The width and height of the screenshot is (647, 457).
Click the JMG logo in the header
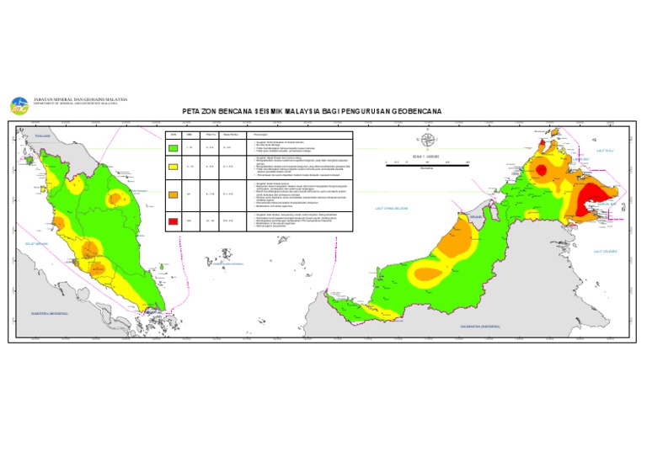pyautogui.click(x=19, y=105)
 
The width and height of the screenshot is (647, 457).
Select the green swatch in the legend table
pyautogui.click(x=173, y=149)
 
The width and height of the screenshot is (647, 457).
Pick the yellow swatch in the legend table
pyautogui.click(x=173, y=167)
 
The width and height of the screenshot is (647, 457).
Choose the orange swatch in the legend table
pyautogui.click(x=173, y=194)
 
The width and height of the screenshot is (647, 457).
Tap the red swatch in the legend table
pyautogui.click(x=173, y=221)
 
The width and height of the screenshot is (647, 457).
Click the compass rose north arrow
pyautogui.click(x=427, y=141)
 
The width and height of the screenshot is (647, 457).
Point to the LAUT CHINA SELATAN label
pyautogui.click(x=392, y=208)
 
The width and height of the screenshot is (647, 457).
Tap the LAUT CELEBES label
pyautogui.click(x=605, y=251)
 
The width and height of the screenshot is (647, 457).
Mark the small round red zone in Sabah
pyautogui.click(x=542, y=170)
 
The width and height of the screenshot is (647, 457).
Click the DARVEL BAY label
pyautogui.click(x=603, y=203)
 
